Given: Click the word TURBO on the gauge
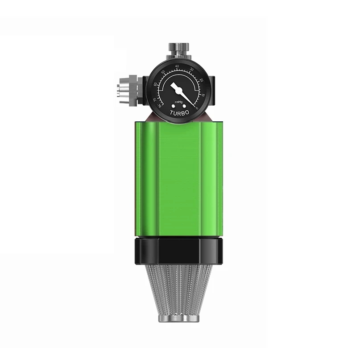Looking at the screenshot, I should point(180,113).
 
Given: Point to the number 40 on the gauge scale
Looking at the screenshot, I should point(178,66).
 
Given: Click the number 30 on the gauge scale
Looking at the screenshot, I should point(192,69).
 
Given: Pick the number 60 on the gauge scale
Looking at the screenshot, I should point(156,83).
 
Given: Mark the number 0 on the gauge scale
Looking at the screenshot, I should point(198,108).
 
